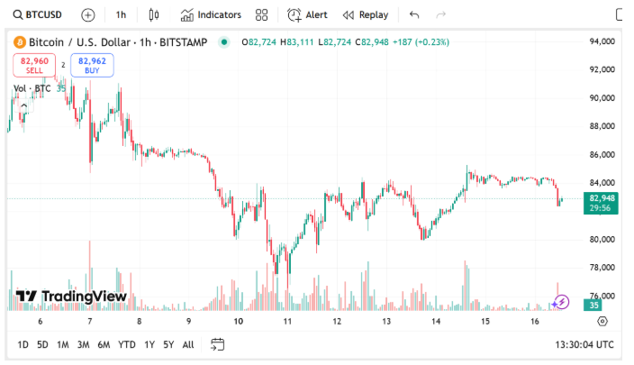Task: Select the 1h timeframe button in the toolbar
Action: click(x=121, y=14)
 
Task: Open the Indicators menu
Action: click(x=211, y=14)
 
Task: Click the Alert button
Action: click(x=307, y=14)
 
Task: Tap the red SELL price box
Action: click(x=34, y=65)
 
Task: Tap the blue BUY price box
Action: click(x=92, y=65)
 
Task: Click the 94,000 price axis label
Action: click(x=602, y=41)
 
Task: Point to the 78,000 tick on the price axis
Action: click(x=602, y=268)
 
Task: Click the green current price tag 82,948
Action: click(x=602, y=202)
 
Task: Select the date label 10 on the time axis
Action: click(x=238, y=321)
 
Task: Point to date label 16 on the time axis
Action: click(x=534, y=321)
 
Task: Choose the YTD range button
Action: click(x=127, y=344)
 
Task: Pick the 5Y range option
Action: click(x=168, y=344)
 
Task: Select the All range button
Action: click(x=188, y=344)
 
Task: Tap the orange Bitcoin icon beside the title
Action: click(x=20, y=42)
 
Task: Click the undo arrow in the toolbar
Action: click(x=414, y=14)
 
